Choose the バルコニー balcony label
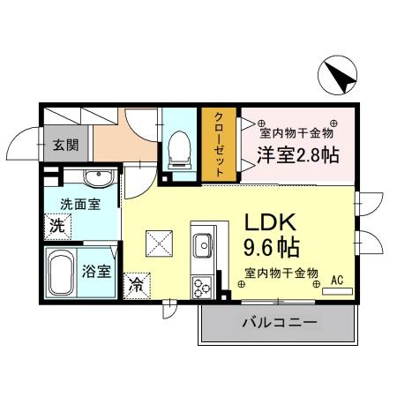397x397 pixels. point(279,325)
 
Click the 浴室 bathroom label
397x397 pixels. point(98,271)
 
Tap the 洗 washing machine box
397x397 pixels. point(56,225)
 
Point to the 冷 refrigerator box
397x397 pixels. point(137,285)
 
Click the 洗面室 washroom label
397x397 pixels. point(79,204)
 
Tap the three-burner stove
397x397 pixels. point(202,286)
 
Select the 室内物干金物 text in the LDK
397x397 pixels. point(281,273)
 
